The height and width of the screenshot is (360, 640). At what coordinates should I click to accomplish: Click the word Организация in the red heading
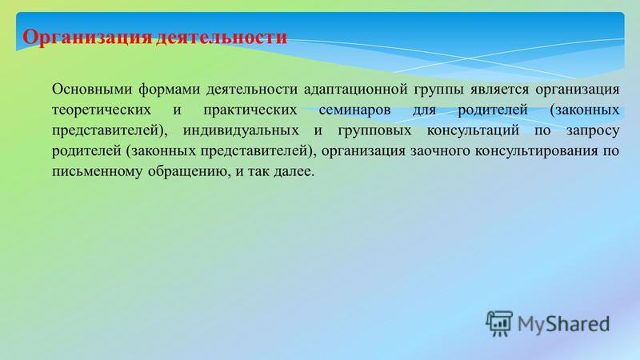pos(87,38)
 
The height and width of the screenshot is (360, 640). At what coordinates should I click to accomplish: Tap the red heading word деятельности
pos(222,37)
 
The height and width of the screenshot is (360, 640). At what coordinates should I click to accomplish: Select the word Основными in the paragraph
pos(92,89)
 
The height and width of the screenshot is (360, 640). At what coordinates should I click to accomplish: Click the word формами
pos(169,90)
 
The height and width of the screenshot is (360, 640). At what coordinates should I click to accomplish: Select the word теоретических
pos(102,110)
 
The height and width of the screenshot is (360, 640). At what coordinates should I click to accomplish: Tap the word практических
pos(250,110)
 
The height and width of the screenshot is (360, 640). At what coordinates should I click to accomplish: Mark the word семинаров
pos(354,110)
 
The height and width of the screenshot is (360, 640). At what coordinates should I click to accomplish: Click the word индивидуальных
pos(241,130)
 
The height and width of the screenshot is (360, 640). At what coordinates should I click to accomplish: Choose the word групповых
pos(374,131)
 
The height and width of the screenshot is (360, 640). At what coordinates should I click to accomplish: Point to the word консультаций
pos(473,130)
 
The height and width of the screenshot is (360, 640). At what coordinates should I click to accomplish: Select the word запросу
pos(593,131)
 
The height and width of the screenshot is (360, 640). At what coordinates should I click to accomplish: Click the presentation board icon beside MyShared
pos(499,323)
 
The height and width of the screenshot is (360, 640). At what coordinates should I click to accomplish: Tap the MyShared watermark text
pos(564,324)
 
